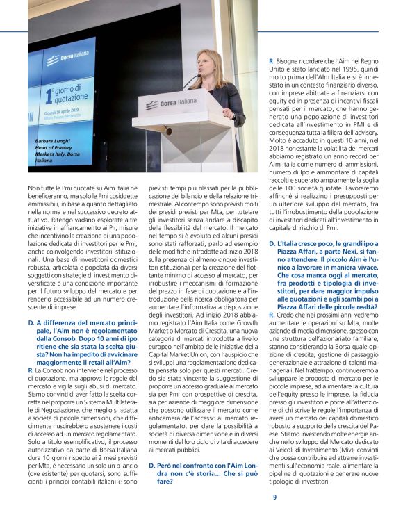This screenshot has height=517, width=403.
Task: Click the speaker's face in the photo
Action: point(209,67)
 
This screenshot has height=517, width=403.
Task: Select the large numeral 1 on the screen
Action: point(49,94)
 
